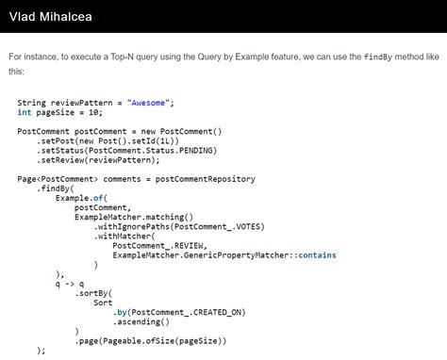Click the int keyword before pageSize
[24, 112]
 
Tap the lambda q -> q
[70, 284]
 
